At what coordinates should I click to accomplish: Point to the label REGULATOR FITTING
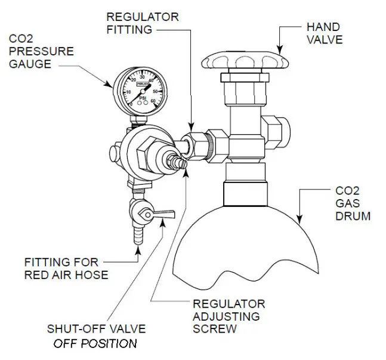[x=142, y=23]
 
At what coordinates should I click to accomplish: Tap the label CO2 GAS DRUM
[x=353, y=203]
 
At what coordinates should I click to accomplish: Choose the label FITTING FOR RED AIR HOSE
[x=66, y=268]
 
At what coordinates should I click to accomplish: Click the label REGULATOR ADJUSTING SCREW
[x=228, y=315]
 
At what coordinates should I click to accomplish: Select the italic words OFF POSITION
[x=95, y=343]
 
